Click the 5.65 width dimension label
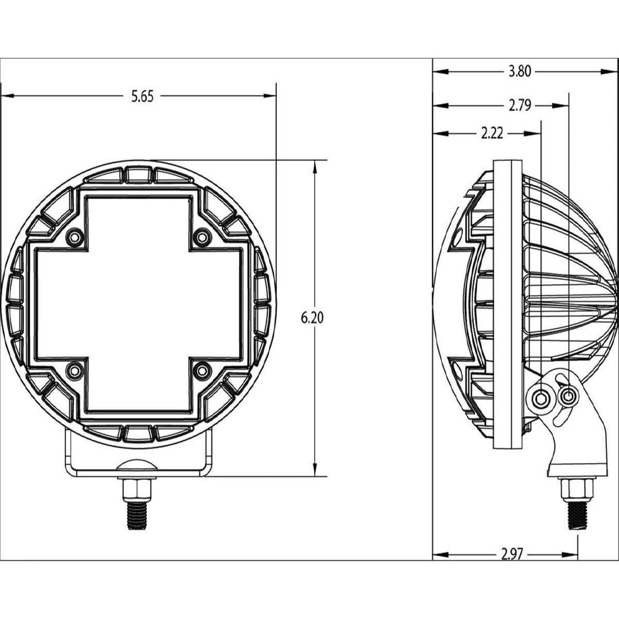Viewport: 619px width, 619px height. point(142,97)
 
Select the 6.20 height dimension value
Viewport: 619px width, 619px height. point(313,318)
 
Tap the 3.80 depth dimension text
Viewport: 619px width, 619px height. point(520,72)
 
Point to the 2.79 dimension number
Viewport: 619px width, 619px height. point(520,105)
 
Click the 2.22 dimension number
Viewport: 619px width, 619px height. point(492,134)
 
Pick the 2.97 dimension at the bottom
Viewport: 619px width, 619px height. point(512,555)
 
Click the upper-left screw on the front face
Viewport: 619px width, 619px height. point(73,237)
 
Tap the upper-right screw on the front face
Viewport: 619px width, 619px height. point(202,237)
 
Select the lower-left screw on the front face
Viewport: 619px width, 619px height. point(73,371)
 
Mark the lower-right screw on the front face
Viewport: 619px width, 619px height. point(202,371)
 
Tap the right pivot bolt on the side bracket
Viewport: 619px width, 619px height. point(569,395)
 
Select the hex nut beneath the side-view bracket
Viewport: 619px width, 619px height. point(575,489)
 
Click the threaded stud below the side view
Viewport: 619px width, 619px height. point(575,514)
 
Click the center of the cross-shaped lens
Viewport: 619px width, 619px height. point(138,304)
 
